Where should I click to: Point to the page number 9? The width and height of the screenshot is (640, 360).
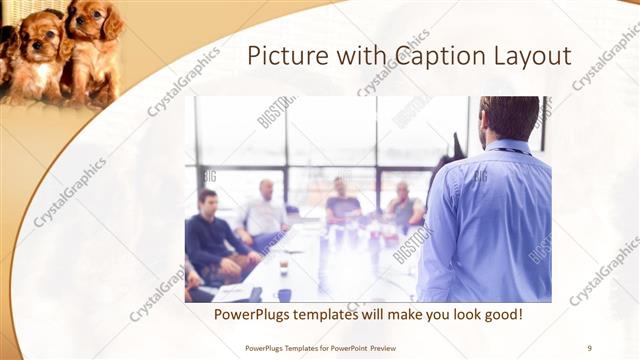(x=589, y=347)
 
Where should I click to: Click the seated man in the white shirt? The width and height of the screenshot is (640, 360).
(x=264, y=212)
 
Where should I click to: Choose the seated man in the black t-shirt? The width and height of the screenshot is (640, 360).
(x=342, y=205)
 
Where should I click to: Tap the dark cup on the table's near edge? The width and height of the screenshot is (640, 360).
(x=285, y=295)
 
